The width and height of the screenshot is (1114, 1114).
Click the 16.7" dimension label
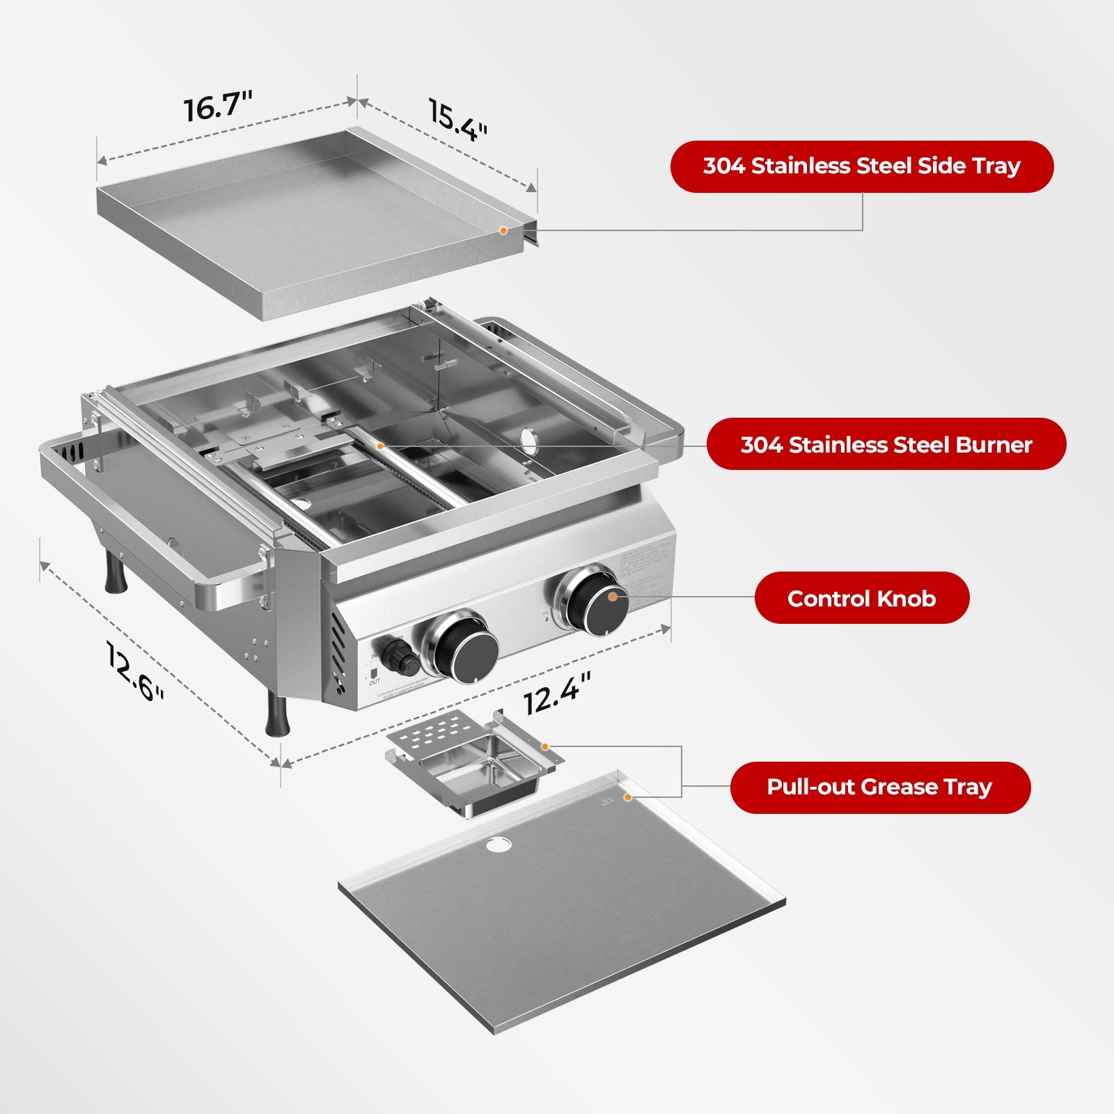click(x=217, y=107)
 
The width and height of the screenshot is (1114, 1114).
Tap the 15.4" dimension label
click(x=457, y=120)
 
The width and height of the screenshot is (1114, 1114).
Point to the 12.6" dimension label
click(x=135, y=671)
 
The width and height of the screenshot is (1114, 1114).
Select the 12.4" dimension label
click(x=557, y=693)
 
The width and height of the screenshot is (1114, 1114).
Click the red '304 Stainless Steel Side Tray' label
click(x=861, y=166)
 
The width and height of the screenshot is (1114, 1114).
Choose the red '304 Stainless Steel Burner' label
click(x=886, y=444)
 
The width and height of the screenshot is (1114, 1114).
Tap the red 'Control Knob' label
click(x=861, y=598)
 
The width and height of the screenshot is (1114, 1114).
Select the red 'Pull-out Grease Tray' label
click(x=879, y=787)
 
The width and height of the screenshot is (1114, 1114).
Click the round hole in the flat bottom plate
click(x=498, y=845)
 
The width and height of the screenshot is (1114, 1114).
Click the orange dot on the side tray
click(x=503, y=230)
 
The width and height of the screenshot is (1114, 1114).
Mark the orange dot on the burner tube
click(x=379, y=445)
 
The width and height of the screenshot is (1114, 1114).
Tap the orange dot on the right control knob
click(x=612, y=596)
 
